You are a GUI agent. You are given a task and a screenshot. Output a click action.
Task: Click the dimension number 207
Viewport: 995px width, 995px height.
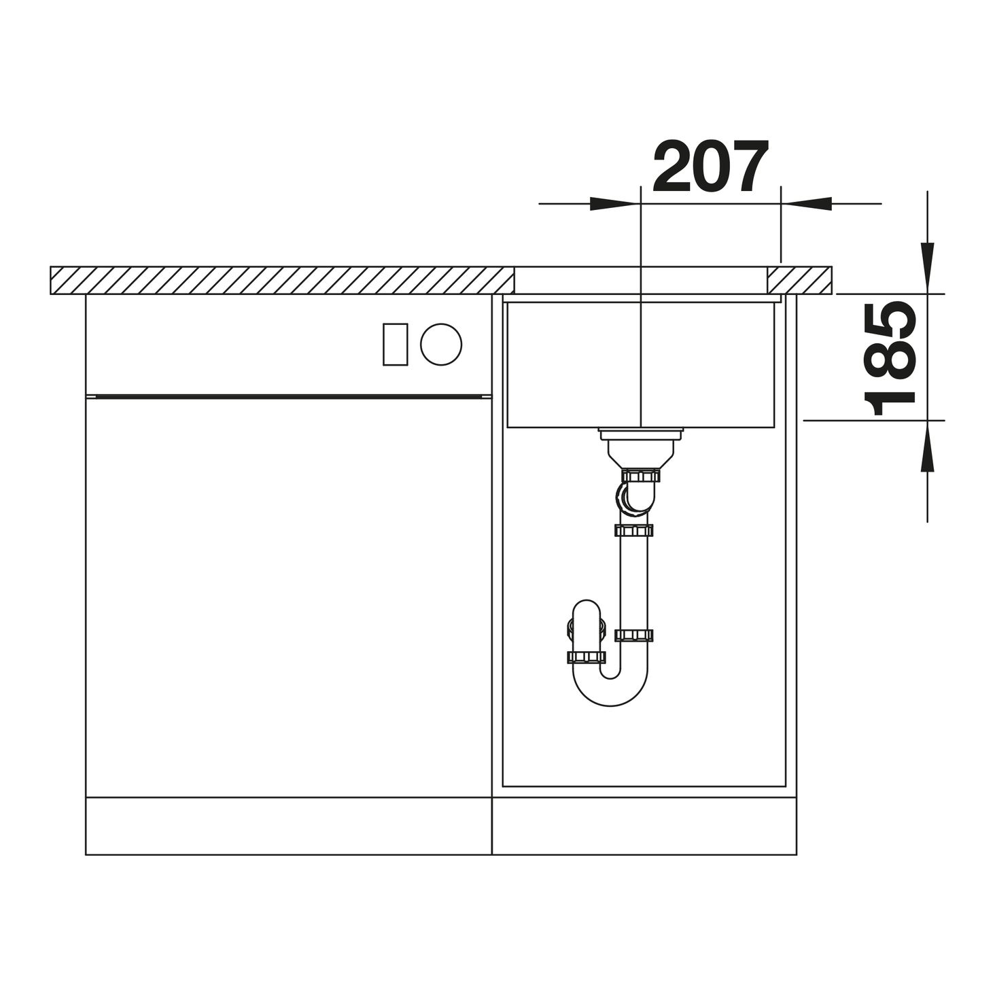point(710,167)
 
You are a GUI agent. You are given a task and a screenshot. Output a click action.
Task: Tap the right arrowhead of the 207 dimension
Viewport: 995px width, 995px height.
point(806,203)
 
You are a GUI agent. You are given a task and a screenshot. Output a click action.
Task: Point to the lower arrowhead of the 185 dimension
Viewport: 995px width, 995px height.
point(927,446)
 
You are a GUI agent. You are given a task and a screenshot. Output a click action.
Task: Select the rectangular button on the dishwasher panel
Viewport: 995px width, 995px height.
point(396,345)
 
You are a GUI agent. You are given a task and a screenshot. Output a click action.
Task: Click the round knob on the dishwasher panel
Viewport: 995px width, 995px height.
point(441,345)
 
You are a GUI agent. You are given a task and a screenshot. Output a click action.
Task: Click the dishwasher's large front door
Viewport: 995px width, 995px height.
point(289,597)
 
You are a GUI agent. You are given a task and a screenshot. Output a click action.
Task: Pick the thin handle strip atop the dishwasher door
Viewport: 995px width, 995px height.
point(289,396)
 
